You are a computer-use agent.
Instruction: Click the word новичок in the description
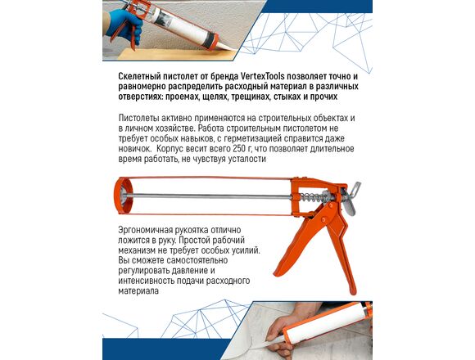(134, 149)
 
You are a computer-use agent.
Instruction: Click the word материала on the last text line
(138, 291)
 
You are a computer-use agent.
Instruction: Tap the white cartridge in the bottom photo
(326, 325)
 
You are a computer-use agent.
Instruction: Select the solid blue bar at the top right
(317, 6)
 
